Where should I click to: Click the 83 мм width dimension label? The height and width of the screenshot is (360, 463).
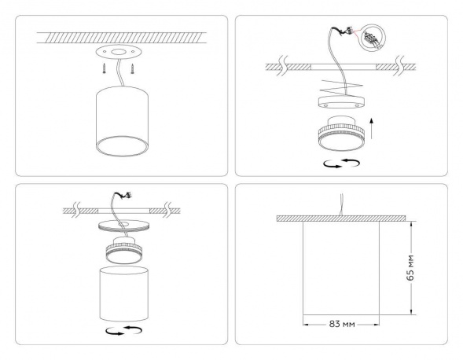(x=340, y=323)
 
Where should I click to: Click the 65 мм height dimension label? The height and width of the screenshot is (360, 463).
(x=415, y=266)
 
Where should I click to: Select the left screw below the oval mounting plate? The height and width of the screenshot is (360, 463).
(x=102, y=70)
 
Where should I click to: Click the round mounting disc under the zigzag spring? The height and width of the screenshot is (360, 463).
(x=342, y=103)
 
